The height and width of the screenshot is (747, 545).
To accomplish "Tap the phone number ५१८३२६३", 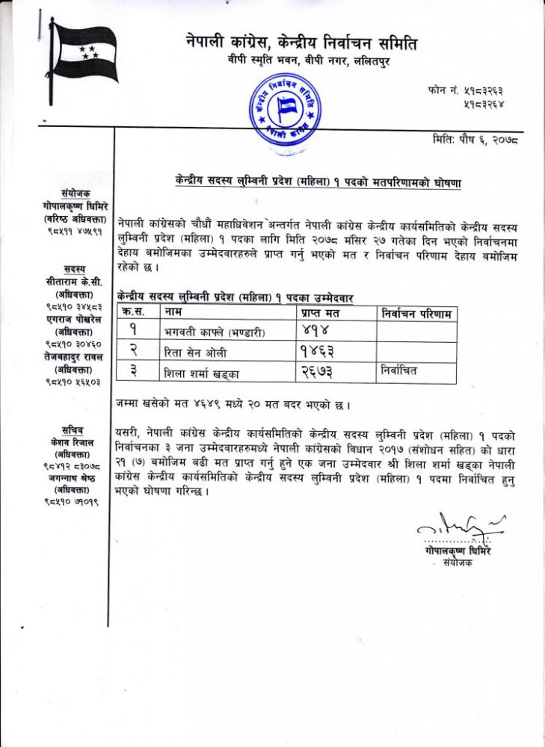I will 486,90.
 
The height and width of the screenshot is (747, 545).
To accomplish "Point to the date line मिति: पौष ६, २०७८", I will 475,140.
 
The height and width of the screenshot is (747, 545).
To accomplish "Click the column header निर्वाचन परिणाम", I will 416,314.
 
